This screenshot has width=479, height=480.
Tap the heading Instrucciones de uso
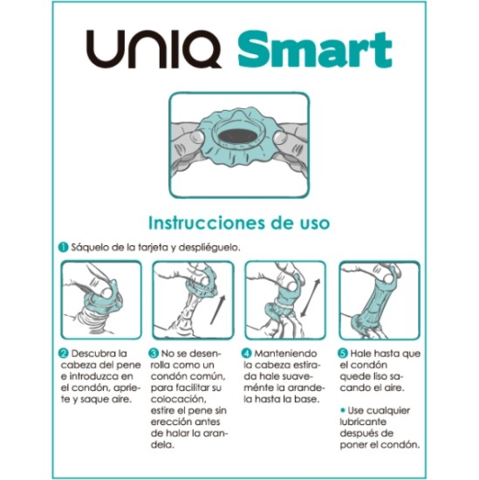[238, 223]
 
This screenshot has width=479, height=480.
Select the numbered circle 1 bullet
[64, 247]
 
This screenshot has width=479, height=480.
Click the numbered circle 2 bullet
[64, 353]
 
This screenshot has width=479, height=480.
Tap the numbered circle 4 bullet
[248, 353]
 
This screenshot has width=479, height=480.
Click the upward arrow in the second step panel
[219, 312]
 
